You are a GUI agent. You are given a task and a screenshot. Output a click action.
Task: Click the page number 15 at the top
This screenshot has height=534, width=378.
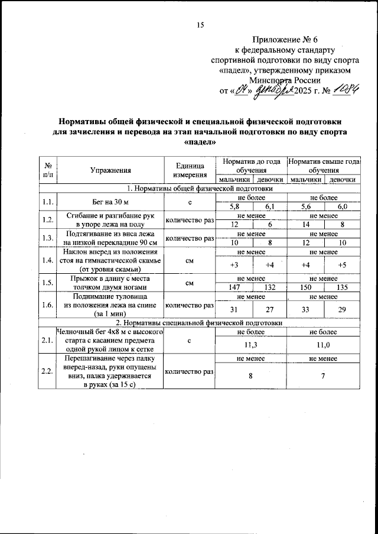(200, 25)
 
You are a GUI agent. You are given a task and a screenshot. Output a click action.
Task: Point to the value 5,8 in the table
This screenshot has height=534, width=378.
(234, 206)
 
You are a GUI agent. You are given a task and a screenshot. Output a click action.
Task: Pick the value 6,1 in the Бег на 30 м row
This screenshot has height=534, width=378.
(269, 206)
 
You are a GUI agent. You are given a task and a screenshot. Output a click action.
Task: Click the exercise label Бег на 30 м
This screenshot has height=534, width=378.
(110, 202)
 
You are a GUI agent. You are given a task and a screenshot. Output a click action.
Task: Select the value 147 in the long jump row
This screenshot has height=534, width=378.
(234, 286)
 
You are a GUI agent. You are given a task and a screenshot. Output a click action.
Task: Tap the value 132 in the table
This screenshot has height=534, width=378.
(269, 286)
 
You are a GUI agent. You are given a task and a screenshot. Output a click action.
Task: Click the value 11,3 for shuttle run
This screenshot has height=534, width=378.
(252, 341)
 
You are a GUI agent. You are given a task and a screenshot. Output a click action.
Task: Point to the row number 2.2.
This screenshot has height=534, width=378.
(48, 371)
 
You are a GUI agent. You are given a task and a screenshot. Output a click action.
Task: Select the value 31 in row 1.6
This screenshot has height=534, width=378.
(234, 309)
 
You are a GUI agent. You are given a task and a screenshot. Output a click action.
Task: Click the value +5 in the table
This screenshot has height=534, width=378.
(341, 265)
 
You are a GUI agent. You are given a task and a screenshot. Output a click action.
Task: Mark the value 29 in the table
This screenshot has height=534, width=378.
(341, 309)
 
